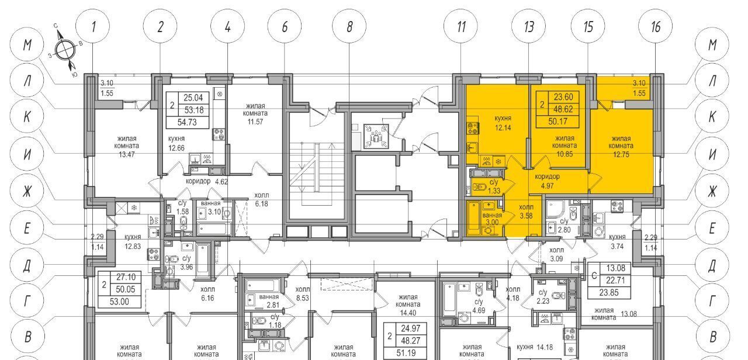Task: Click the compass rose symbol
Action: point(64,51)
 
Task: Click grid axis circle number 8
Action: point(349,26)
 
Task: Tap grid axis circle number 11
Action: point(461,26)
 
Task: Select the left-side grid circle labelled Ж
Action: point(27,191)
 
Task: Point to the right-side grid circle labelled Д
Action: point(712,265)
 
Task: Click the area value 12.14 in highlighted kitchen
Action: point(503,127)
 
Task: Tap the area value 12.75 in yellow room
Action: point(621,155)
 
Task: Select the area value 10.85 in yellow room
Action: point(565,154)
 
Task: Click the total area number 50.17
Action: point(557,122)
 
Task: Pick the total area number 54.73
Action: point(187,122)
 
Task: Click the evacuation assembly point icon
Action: point(376,137)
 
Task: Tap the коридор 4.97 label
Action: point(547,181)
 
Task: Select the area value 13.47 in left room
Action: point(127,155)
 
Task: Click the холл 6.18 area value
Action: point(261,203)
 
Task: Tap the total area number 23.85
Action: point(609,293)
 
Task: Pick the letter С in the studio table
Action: point(594,276)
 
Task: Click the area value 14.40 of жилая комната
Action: point(408,313)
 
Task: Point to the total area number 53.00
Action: point(119,302)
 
